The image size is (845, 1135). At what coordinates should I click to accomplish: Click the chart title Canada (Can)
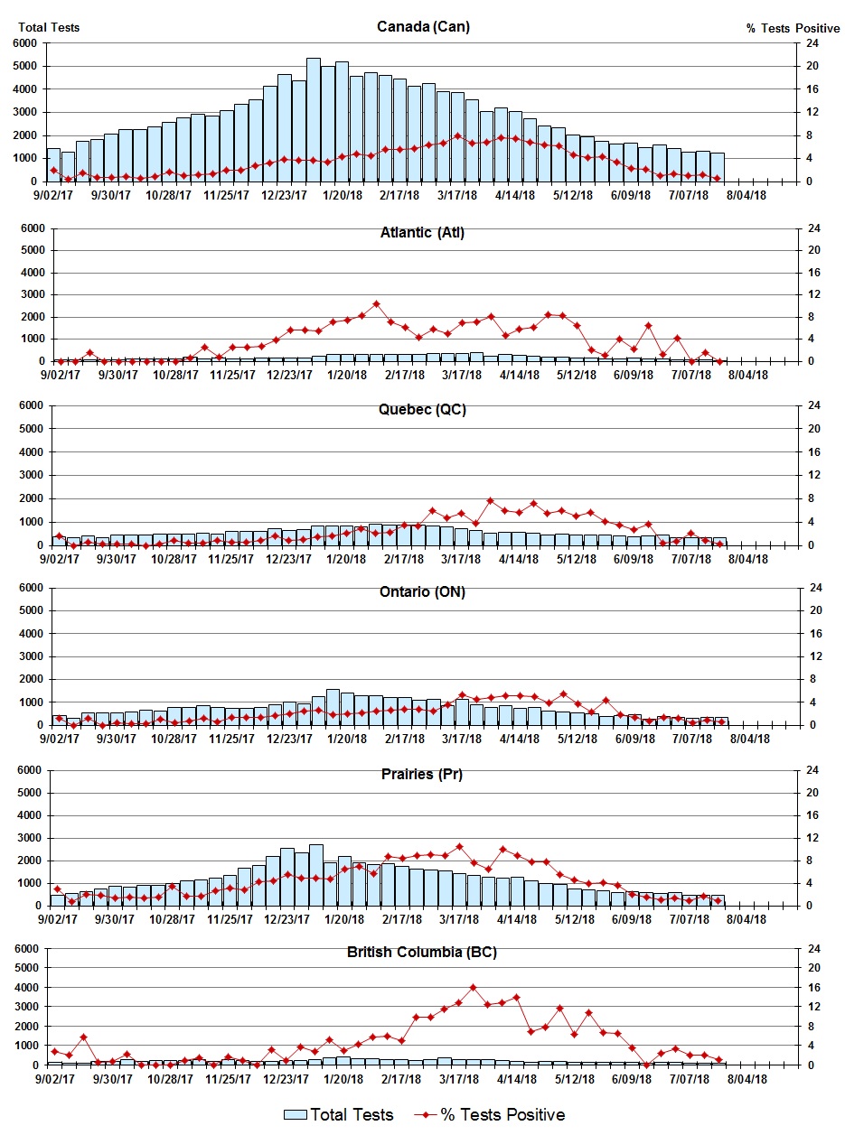(x=423, y=26)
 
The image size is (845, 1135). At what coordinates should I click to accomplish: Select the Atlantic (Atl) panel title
(x=422, y=233)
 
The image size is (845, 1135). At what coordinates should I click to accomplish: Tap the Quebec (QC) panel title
(x=423, y=410)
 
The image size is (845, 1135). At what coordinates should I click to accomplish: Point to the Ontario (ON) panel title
(x=423, y=591)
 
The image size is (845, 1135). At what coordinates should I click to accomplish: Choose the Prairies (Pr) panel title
(x=423, y=774)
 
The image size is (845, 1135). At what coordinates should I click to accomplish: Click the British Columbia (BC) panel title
(x=422, y=953)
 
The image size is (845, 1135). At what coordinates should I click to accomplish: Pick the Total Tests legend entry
(x=339, y=1115)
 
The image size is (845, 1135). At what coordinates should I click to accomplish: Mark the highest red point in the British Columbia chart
(x=473, y=988)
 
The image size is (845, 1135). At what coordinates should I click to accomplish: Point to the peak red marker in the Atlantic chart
(x=377, y=304)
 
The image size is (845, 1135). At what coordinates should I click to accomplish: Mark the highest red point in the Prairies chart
(x=459, y=847)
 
